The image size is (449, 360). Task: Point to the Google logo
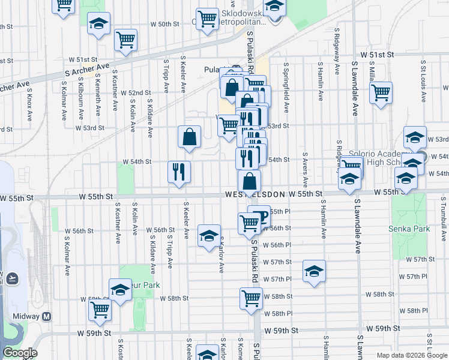(x=20, y=353)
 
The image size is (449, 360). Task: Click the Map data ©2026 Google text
(x=412, y=355)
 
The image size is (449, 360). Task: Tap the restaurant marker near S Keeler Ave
(x=179, y=172)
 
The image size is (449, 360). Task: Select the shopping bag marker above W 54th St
(x=189, y=137)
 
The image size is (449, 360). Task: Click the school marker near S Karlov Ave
(x=209, y=236)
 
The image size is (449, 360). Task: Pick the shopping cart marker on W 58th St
(x=251, y=298)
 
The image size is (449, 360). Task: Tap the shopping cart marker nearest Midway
(x=100, y=310)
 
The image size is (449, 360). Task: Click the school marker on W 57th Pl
(x=314, y=271)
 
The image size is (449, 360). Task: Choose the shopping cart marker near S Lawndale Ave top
(x=381, y=93)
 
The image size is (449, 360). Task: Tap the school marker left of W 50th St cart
(x=99, y=25)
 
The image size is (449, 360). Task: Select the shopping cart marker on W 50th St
(x=126, y=40)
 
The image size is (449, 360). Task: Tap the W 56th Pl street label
(x=280, y=245)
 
